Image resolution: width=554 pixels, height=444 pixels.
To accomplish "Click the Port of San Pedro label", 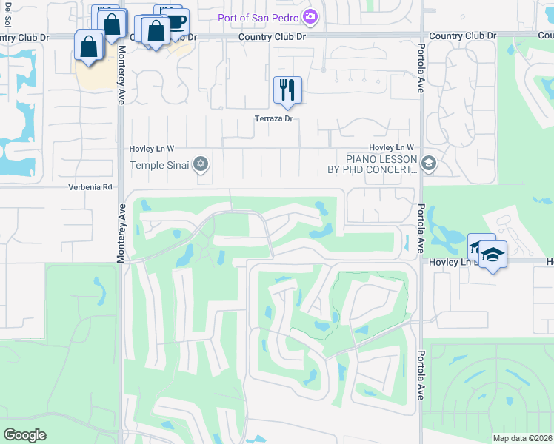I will coord(257,17).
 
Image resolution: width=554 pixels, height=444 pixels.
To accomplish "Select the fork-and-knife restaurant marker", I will coord(287,90).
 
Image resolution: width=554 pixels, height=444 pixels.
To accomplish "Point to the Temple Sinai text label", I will coord(158,165).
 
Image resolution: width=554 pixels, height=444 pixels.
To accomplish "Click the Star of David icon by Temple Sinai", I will coord(200,164).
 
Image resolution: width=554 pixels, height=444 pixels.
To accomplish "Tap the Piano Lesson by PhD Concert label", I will coord(372,164).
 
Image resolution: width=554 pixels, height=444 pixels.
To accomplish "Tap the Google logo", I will coord(25,435).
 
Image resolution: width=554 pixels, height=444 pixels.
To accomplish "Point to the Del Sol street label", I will coord(6,16).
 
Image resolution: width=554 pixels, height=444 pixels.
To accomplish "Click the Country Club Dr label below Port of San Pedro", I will coord(272,36).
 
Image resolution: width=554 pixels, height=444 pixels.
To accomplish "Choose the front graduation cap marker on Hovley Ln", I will coord(492,255).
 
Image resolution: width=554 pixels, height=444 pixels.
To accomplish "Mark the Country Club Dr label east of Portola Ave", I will coord(462,36).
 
